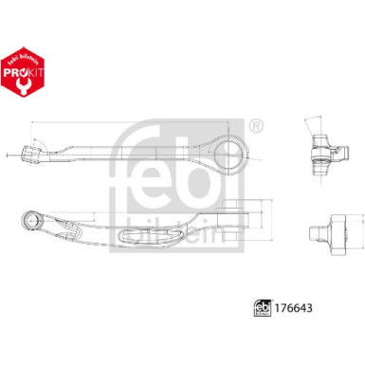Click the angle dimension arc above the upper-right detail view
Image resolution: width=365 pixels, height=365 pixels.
coord(313,120)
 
